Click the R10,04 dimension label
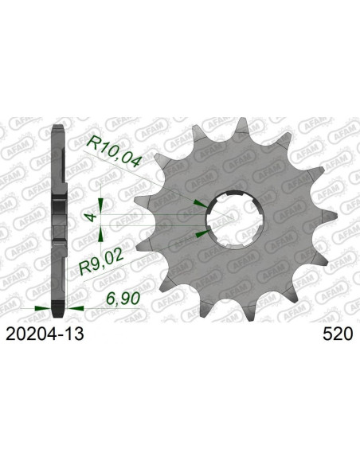pos(112,151)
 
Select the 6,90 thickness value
pos(123,299)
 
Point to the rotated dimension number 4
pos(92,217)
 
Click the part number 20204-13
pos(45,334)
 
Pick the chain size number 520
pos(338,334)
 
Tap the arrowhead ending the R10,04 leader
pos(201,204)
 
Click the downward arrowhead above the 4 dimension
pos(101,205)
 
